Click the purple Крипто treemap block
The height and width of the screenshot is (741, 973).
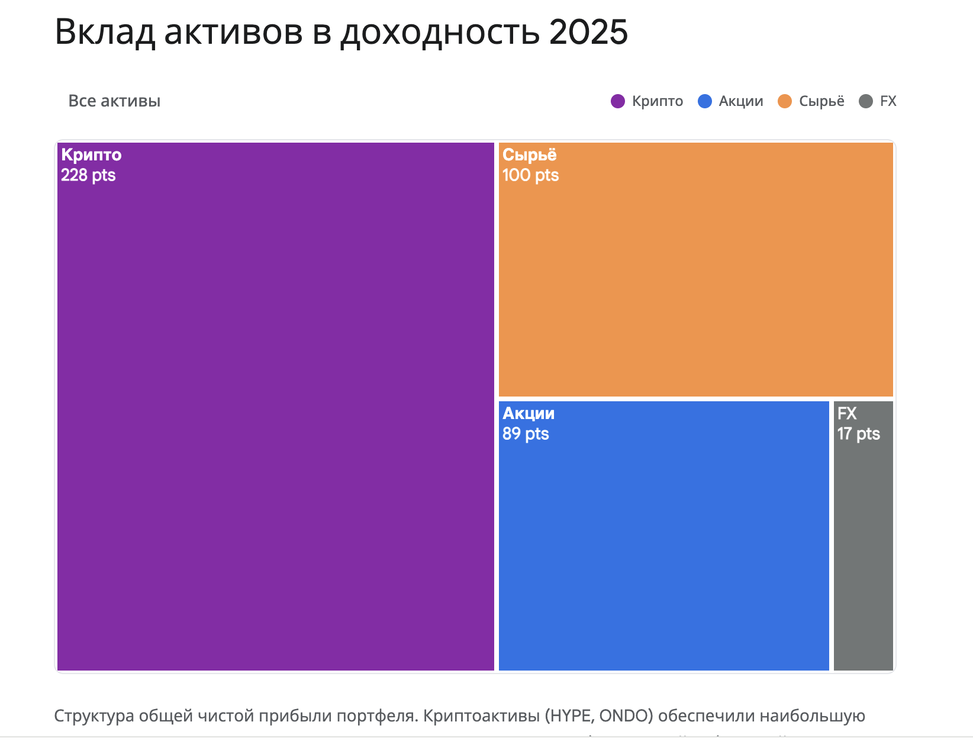point(276,406)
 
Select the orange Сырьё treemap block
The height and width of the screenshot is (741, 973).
point(695,269)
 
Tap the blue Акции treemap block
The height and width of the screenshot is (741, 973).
point(663,536)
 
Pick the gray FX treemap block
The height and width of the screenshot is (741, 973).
point(863,536)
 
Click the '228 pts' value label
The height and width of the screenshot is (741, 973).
point(88,175)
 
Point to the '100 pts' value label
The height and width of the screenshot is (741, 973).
point(530,175)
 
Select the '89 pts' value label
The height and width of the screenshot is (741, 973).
point(526,434)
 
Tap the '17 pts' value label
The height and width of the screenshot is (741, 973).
point(858,434)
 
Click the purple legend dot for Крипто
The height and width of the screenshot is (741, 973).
point(618,101)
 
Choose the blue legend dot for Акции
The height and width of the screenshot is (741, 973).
point(705,101)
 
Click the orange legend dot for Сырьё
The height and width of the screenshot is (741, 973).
point(785,101)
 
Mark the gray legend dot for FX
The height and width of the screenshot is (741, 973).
point(866,101)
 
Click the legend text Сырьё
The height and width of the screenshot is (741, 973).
point(821,101)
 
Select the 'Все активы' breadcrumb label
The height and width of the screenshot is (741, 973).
point(114,101)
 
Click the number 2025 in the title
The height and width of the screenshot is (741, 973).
point(588,32)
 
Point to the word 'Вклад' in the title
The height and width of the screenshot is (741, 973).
point(105,32)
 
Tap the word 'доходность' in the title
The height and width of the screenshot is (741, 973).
point(440,32)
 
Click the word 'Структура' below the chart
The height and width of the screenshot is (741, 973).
point(94,716)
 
